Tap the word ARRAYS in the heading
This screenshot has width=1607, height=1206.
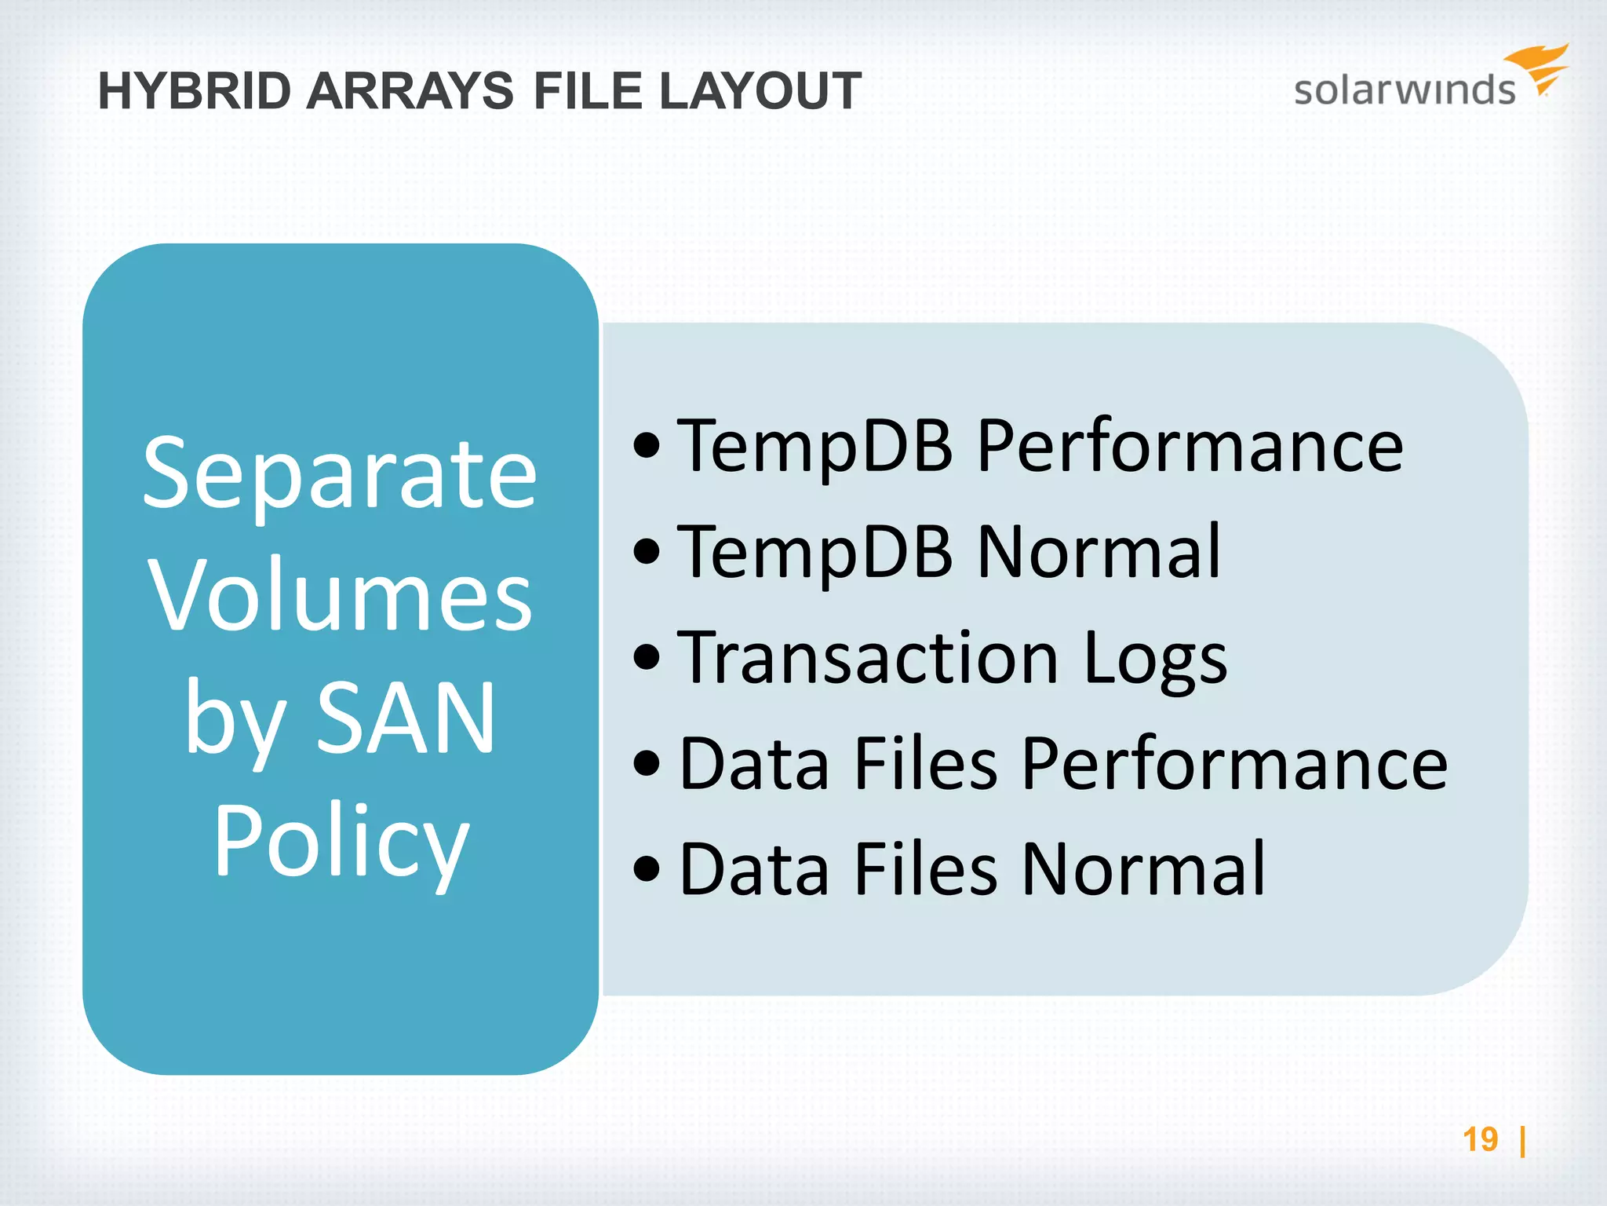410,91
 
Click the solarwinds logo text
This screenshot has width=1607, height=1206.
1404,90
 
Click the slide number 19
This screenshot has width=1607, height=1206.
1480,1139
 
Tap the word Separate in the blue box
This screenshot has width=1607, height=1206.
340,474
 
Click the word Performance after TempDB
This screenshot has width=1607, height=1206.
1190,445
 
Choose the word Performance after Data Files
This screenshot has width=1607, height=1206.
1235,763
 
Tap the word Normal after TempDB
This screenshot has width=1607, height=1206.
1099,551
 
